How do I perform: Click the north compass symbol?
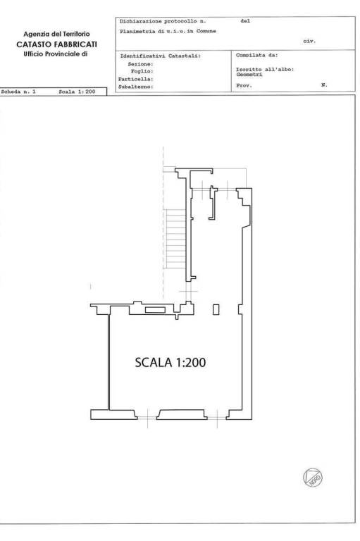coord(313,478)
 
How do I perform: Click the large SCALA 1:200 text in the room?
coord(170,362)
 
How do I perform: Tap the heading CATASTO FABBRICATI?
coord(56,44)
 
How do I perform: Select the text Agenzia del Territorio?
coord(56,34)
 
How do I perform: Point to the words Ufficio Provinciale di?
coord(56,54)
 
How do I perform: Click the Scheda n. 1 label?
coord(18,92)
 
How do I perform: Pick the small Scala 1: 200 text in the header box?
coord(77,92)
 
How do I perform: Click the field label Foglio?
coord(142,71)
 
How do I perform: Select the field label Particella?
coord(136,79)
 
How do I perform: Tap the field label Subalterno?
coord(136,87)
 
